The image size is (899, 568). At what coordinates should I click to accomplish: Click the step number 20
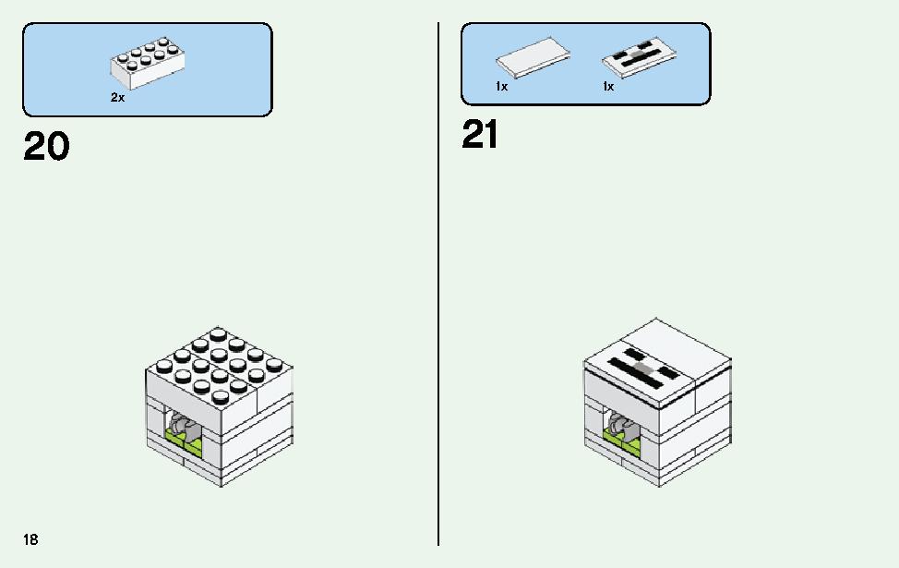[46, 147]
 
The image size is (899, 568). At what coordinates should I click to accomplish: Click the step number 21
[480, 136]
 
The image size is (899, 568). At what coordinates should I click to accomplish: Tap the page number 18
[31, 539]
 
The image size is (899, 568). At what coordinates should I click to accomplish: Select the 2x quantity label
[117, 97]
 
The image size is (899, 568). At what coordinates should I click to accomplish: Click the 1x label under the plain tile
[501, 86]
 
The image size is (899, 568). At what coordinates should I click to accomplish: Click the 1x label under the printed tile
[608, 86]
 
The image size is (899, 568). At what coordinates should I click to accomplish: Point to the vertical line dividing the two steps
[438, 277]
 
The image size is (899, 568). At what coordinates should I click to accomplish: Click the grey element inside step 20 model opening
[185, 422]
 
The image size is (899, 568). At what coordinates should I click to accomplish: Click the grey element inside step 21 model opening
[622, 422]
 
